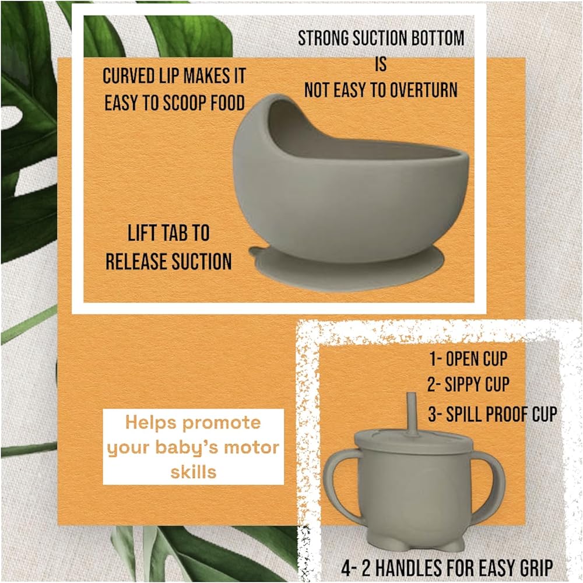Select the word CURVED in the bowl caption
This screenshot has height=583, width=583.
[129, 76]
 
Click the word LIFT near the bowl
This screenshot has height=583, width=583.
[143, 233]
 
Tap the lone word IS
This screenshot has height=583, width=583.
[381, 64]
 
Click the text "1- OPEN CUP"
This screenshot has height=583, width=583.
[469, 359]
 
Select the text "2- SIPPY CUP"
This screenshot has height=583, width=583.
[468, 384]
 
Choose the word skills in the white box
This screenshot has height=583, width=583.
[194, 472]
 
